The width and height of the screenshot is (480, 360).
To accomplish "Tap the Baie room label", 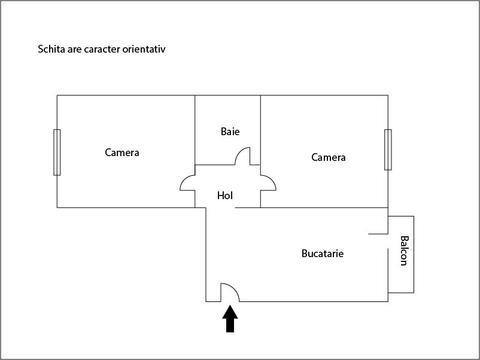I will (230, 132).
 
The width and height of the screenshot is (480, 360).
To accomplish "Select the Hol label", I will (225, 196).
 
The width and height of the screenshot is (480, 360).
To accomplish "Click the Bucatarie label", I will (323, 254).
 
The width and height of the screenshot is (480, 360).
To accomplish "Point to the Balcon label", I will (404, 251).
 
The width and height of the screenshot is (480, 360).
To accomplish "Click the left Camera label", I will (122, 152).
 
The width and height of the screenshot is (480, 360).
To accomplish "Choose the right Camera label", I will (329, 157).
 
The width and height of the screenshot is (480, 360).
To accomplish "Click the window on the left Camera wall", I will (57, 152).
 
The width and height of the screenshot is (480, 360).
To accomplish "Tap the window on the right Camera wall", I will (388, 150).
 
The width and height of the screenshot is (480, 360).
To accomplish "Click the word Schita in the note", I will (51, 49).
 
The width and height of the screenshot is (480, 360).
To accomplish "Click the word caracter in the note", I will (101, 49).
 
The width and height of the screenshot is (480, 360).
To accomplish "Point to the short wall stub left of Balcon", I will (378, 233).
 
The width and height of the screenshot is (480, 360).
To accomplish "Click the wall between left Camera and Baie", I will (195, 129).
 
